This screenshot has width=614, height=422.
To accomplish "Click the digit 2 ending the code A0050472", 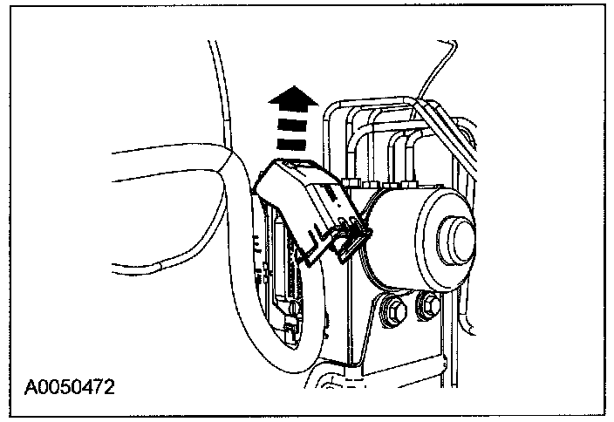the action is click(x=111, y=384).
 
